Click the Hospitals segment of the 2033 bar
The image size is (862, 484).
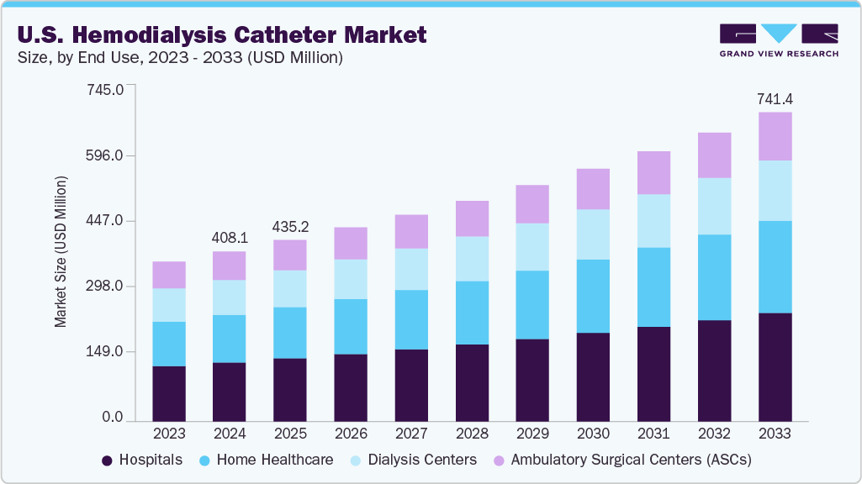click(x=775, y=367)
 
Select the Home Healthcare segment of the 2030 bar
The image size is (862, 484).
click(x=593, y=296)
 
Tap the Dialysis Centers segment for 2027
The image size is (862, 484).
click(x=411, y=269)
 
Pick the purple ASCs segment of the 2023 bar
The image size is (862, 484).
click(x=169, y=275)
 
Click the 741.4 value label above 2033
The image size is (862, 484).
click(x=775, y=99)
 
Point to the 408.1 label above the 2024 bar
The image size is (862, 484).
click(x=230, y=238)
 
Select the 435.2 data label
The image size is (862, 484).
click(x=290, y=227)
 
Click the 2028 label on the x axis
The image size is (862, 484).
click(x=472, y=434)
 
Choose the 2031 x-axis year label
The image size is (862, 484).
click(x=653, y=434)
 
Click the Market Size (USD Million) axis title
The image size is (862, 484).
click(x=61, y=252)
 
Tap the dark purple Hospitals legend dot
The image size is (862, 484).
click(x=107, y=460)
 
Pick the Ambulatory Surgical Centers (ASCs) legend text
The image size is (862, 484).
click(x=631, y=460)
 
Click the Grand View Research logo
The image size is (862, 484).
click(x=778, y=39)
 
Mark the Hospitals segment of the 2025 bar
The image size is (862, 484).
click(x=290, y=390)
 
